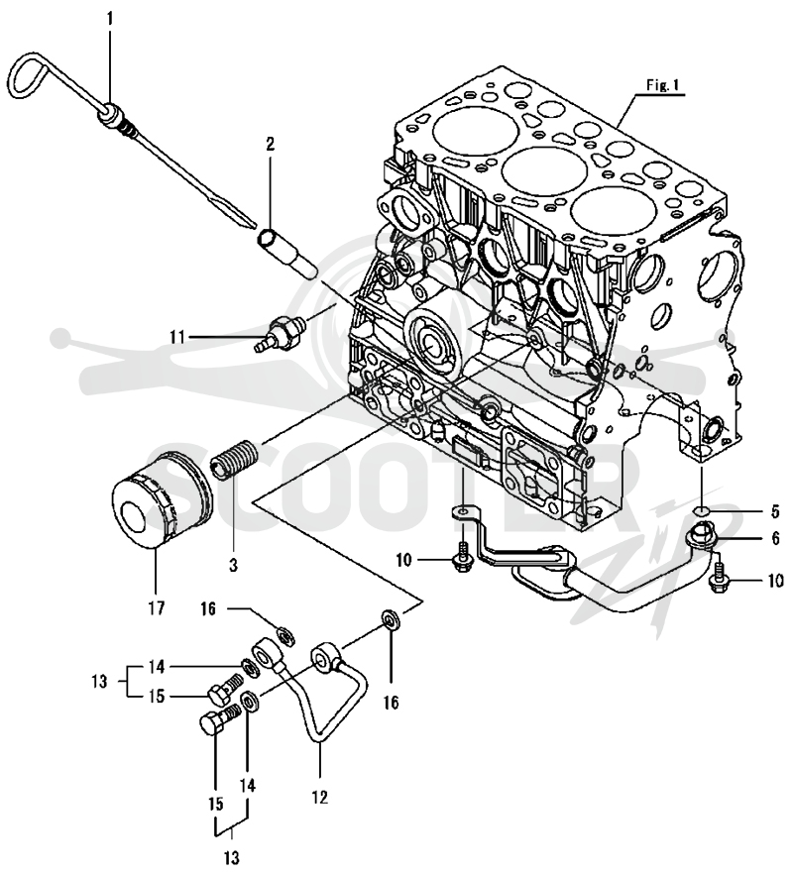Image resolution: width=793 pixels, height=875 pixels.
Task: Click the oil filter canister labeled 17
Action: point(162,497)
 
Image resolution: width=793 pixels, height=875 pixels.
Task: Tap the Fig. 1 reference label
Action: point(662,85)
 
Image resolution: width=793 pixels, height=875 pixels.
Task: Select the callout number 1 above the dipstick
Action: point(110,20)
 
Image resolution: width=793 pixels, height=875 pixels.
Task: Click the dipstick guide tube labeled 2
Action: point(287,254)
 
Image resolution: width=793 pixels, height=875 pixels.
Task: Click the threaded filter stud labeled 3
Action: point(234,459)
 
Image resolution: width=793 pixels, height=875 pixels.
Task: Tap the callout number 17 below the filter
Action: point(157,607)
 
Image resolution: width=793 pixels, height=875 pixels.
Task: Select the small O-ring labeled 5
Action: point(702,510)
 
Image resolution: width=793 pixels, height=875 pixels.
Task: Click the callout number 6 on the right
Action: point(776,539)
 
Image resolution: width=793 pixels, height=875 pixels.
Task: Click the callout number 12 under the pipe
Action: point(320,797)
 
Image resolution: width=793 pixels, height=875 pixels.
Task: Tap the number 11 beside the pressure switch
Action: point(177,337)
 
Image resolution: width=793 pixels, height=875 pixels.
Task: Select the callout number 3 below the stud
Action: point(233,565)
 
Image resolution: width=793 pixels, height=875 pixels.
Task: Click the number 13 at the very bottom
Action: point(231,856)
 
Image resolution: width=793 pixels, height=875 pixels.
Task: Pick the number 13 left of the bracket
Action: point(99,682)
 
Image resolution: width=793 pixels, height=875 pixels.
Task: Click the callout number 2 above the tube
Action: point(270,146)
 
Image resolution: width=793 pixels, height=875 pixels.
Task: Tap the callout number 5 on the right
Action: point(775,511)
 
